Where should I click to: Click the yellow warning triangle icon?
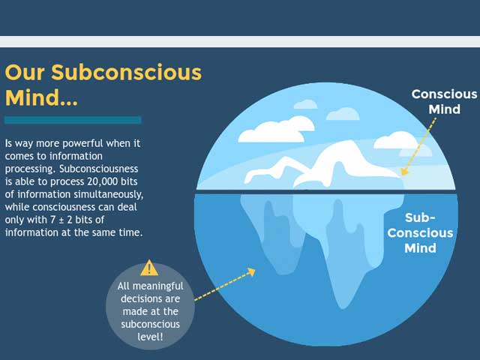(149, 268)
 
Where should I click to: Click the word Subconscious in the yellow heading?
(127, 73)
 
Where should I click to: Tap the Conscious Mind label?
(444, 102)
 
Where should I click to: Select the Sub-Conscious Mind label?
(420, 233)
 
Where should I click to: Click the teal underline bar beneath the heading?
(73, 120)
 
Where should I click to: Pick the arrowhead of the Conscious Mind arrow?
(404, 172)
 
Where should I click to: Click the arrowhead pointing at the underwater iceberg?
(251, 271)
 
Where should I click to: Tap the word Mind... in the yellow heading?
(41, 97)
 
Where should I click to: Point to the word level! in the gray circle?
(150, 337)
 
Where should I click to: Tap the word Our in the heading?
(25, 73)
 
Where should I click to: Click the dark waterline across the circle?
(326, 191)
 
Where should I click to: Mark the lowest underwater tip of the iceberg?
(343, 307)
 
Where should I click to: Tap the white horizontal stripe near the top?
(240, 42)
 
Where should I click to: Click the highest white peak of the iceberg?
(349, 142)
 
